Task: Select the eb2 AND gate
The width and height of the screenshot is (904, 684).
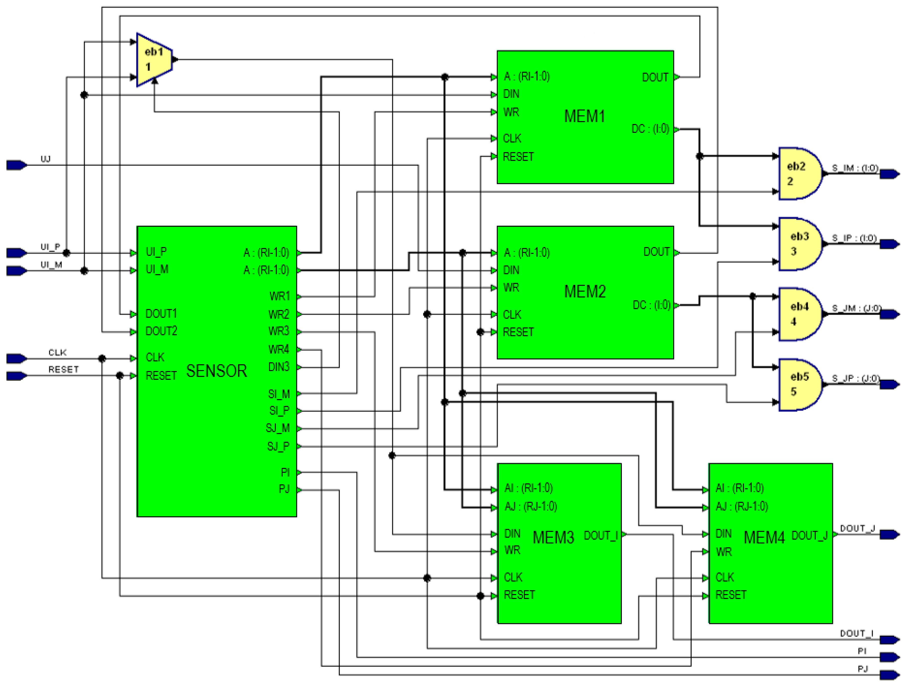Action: pos(799,174)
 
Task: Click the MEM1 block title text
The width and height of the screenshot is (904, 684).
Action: pos(584,116)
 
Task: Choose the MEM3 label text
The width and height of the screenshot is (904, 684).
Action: pos(553,537)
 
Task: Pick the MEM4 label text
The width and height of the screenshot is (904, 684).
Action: pos(764,537)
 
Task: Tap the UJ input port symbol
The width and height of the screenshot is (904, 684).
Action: pos(17,165)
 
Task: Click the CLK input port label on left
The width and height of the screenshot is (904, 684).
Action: pos(57,352)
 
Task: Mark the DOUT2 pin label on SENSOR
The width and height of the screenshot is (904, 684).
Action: pos(162,331)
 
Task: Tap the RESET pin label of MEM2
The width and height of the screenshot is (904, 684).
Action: pos(518,332)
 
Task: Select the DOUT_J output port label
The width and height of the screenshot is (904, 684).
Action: pos(857,528)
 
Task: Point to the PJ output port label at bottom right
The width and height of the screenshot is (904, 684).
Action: pos(862,669)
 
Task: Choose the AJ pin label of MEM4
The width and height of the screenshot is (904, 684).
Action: pos(741,507)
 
